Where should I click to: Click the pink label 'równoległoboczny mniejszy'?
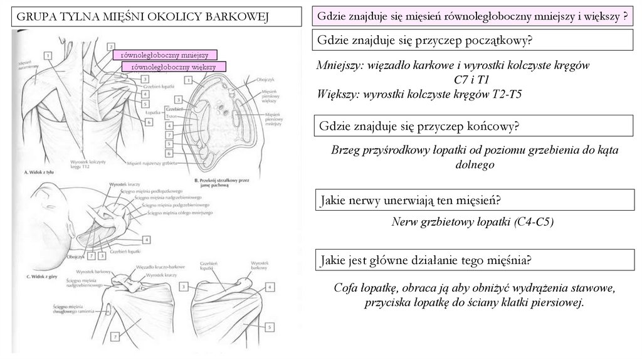164,55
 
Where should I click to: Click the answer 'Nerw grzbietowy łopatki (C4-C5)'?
471,221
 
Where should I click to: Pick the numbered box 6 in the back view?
149,122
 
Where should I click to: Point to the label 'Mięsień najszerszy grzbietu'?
149,162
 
